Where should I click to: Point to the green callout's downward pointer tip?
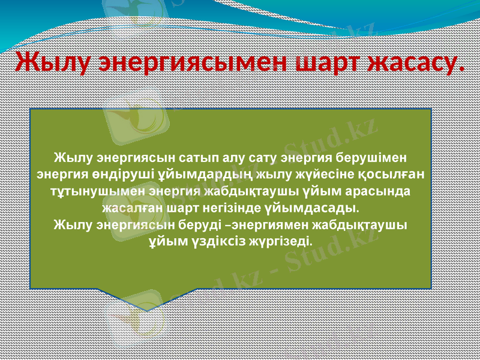click(x=146, y=310)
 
